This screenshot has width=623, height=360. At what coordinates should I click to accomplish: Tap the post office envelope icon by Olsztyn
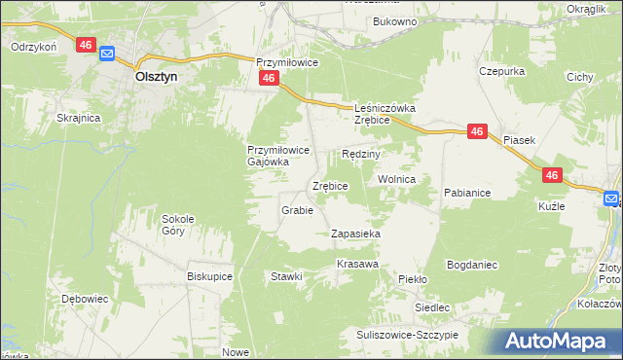[106, 55]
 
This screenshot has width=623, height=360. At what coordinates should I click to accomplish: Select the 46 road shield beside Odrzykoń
[85, 45]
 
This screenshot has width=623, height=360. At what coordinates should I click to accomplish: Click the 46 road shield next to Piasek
[477, 131]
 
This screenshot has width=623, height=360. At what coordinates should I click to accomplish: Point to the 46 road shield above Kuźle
[552, 175]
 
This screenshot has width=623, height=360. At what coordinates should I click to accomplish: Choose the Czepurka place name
[502, 71]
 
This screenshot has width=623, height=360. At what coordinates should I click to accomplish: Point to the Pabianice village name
[467, 193]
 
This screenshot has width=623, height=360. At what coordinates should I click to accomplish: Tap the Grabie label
[296, 210]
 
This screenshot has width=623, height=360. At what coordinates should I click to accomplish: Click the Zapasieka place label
[355, 234]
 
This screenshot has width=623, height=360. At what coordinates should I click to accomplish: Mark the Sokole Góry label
[180, 225]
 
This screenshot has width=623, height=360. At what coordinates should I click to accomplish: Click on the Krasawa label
[357, 265]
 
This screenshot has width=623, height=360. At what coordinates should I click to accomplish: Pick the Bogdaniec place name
[472, 265]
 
